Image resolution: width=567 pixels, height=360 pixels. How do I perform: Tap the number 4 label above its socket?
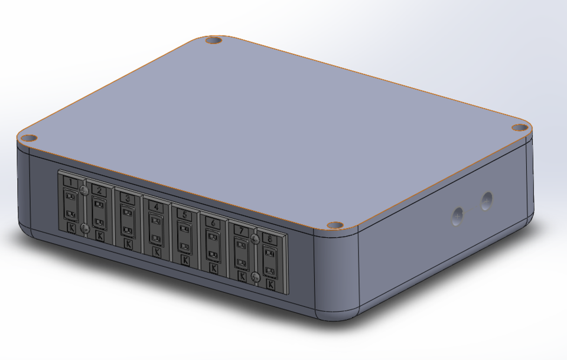(x=155, y=207)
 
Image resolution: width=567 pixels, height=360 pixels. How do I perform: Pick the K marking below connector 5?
(x=185, y=259)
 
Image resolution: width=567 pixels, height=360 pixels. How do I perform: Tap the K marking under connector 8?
(x=270, y=284)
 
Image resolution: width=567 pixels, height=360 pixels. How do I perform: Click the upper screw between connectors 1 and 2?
(x=84, y=190)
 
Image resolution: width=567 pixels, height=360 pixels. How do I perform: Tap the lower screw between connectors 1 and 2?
(x=85, y=227)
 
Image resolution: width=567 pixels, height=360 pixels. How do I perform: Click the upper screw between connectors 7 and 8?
(x=255, y=238)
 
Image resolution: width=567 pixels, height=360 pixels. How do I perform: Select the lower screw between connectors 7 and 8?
(x=255, y=276)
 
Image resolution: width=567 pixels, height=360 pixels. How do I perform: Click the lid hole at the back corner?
(x=213, y=41)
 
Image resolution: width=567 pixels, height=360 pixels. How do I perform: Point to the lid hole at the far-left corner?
(x=27, y=138)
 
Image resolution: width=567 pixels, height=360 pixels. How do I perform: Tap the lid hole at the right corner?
(x=519, y=127)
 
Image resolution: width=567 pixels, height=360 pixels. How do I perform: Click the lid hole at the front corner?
(x=335, y=225)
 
